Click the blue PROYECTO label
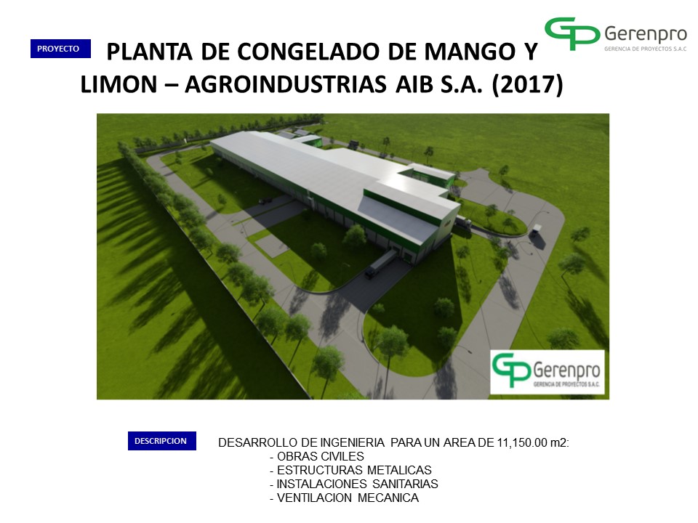pos(60,49)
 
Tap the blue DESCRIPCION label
pos(162,441)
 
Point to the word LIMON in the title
pos(119,84)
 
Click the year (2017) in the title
pos(528,84)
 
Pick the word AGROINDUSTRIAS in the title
pos(285,84)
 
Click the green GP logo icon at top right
pos(572,33)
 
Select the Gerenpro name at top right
pos(646,34)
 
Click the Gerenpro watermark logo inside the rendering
pos(547,372)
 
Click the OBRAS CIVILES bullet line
pos(317,457)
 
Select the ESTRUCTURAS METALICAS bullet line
pos(350,471)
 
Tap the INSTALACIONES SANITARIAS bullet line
pos(354,485)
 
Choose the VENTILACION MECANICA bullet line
pos(344,498)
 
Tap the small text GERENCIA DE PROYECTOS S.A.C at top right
pos(646,49)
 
